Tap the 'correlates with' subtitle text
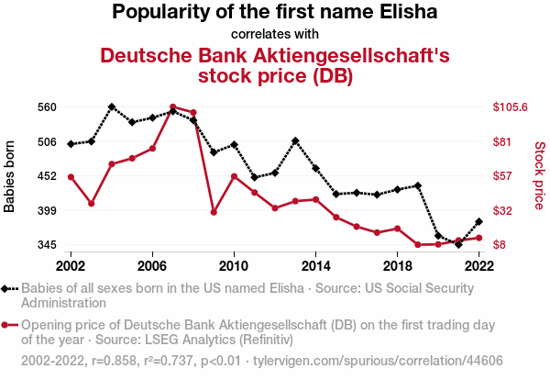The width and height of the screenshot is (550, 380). point(275,34)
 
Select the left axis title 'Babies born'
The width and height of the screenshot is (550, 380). point(10,176)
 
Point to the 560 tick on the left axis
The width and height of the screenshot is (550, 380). point(47,106)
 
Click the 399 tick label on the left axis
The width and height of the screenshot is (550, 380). point(47,210)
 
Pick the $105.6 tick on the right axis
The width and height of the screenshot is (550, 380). point(510,106)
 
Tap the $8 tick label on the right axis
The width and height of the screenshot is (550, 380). point(499,245)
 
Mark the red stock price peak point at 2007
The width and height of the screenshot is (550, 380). point(173,107)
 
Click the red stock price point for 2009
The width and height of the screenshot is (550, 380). point(214,212)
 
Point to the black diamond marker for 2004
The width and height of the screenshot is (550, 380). point(112,106)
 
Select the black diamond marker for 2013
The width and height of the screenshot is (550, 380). point(295,141)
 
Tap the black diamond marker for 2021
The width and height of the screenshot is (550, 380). point(458,244)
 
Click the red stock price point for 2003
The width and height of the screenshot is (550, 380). point(92,203)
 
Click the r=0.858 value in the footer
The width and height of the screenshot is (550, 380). point(115,361)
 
